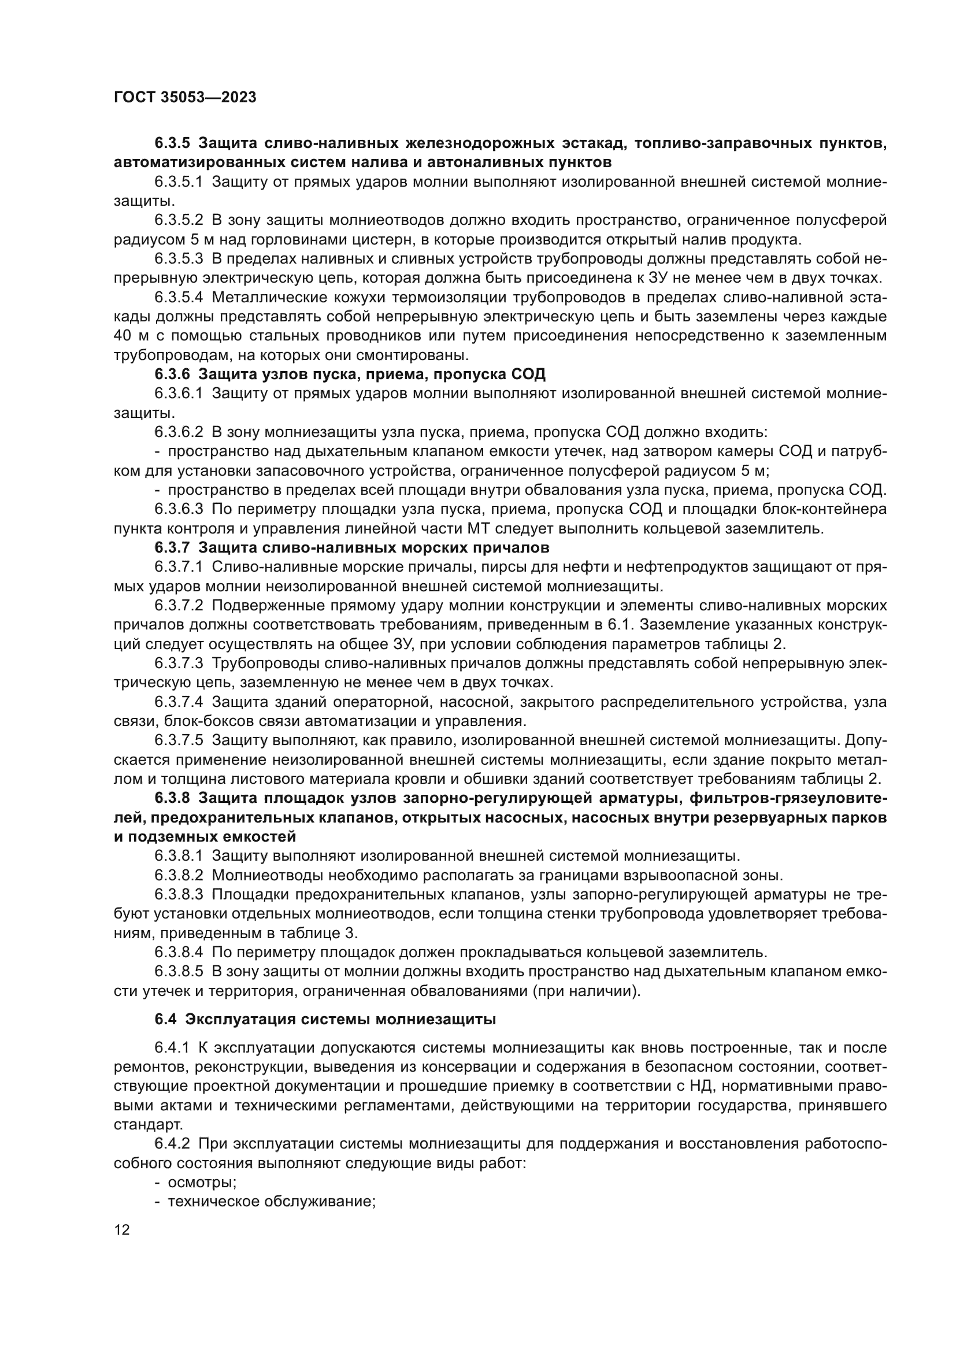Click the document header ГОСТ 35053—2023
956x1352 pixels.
tap(185, 97)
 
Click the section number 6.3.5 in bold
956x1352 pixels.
tap(172, 143)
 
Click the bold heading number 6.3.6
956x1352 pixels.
tap(172, 374)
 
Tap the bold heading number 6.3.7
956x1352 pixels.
tap(172, 547)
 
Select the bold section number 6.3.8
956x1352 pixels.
tap(172, 798)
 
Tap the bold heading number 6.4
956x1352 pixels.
tap(166, 1019)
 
